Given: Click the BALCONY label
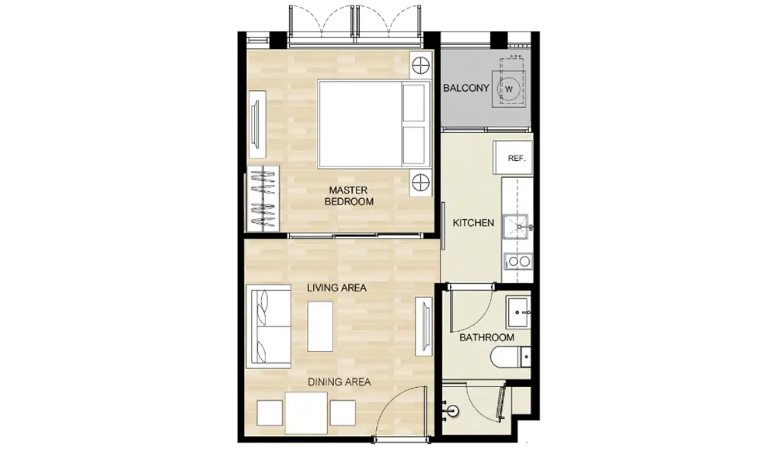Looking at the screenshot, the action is [x=465, y=89].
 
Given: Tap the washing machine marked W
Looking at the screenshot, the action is [x=509, y=89].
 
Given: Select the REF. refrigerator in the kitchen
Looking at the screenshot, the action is [x=513, y=158].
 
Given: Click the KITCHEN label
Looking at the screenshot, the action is [x=473, y=223].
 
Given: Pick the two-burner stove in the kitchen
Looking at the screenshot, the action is [x=517, y=260].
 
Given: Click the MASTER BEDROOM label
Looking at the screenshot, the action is [x=349, y=196].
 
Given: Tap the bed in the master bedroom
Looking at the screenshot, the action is [x=375, y=124].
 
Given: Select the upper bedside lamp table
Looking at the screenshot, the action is [x=420, y=65].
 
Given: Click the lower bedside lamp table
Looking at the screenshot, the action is [x=420, y=183].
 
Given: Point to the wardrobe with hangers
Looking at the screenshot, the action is [x=263, y=198].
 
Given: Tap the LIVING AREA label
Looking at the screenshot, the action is [x=336, y=288].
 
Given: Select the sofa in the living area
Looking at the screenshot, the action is [x=269, y=326].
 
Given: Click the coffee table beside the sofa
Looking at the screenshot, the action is [x=320, y=326].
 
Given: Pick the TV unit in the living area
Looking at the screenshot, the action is [x=423, y=326].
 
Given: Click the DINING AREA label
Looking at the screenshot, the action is [x=340, y=382].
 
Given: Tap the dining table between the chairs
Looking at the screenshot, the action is [x=306, y=413].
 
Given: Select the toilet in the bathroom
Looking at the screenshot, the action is [x=510, y=356].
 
